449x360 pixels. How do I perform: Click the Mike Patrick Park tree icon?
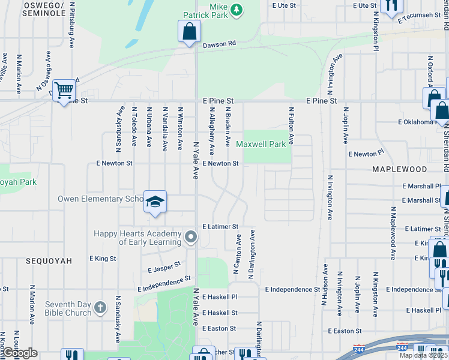click(x=237, y=9)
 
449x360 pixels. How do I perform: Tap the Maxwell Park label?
click(x=261, y=144)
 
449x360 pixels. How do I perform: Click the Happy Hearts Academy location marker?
click(x=191, y=238)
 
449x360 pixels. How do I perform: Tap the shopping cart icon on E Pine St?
click(x=64, y=89)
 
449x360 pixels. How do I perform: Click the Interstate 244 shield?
click(x=402, y=348)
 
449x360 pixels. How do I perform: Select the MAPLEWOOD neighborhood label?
click(x=399, y=170)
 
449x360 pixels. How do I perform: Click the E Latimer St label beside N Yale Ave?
click(x=220, y=227)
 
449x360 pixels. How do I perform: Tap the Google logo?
click(x=19, y=353)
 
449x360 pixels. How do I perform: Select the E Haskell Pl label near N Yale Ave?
click(x=220, y=297)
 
